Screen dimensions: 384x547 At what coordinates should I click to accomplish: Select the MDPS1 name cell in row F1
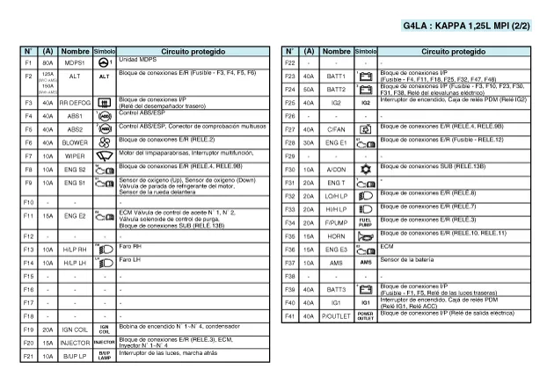click(75, 63)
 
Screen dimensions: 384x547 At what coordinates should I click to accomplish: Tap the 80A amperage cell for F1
click(47, 63)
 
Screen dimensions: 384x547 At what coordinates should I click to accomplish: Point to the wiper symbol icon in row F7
click(104, 156)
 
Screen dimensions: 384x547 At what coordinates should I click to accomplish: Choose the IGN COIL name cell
click(75, 330)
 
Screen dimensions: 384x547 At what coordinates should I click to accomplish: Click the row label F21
click(28, 356)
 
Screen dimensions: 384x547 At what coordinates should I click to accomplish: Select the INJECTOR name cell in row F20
click(75, 343)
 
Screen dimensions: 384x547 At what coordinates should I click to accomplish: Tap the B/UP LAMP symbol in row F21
click(104, 356)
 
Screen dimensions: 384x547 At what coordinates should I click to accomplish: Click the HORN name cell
click(336, 235)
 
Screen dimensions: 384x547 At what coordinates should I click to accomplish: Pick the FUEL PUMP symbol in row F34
click(366, 222)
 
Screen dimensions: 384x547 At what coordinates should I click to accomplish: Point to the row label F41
click(290, 315)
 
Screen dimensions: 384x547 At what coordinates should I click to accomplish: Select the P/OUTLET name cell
click(336, 315)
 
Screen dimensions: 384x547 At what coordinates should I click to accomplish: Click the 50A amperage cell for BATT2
click(310, 90)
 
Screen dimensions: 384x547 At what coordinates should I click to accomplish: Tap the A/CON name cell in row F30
click(336, 169)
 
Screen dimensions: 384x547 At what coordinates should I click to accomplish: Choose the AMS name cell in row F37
click(336, 262)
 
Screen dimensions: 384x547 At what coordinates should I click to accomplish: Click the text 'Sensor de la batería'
click(410, 259)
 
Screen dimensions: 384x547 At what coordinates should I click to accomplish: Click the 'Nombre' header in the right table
click(336, 51)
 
